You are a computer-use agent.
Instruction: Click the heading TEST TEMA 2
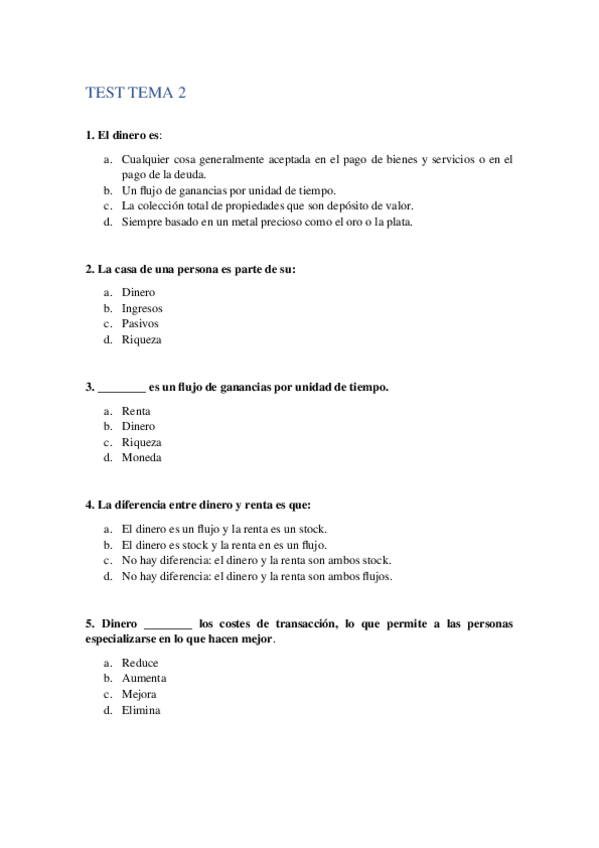[x=137, y=93]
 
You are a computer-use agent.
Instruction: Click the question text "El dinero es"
[x=123, y=135]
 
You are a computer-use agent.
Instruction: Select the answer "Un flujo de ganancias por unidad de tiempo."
[x=228, y=190]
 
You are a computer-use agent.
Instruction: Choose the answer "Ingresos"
[x=142, y=308]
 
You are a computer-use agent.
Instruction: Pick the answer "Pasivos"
[x=140, y=324]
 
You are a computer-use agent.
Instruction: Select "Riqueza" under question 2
[x=141, y=340]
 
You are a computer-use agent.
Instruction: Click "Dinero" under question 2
[x=139, y=293]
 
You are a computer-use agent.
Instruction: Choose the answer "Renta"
[x=136, y=411]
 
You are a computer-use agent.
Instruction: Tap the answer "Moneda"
[x=141, y=458]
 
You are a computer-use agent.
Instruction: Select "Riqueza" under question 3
[x=141, y=442]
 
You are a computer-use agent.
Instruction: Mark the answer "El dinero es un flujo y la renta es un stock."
[x=224, y=529]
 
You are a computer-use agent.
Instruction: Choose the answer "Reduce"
[x=140, y=663]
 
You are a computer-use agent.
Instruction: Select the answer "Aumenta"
[x=144, y=678]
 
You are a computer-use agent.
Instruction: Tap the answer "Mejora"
[x=139, y=694]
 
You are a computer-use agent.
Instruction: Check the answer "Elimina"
[x=141, y=710]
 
